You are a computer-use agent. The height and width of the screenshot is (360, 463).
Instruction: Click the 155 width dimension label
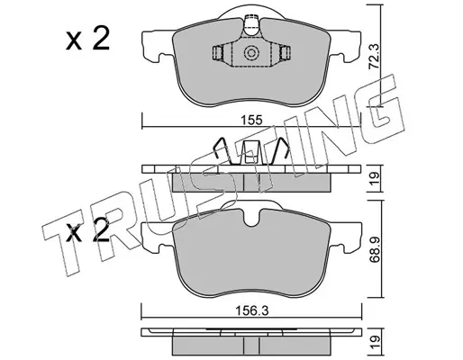(251, 121)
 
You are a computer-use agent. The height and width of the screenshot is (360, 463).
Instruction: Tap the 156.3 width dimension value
(251, 311)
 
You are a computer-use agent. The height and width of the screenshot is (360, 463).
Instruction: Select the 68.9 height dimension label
(375, 248)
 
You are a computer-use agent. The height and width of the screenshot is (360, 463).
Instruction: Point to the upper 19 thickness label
(376, 179)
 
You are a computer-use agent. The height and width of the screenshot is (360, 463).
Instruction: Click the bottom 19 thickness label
(376, 342)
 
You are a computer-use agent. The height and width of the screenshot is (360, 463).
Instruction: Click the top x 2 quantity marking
(87, 39)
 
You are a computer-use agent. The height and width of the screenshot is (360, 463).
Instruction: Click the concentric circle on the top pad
(251, 53)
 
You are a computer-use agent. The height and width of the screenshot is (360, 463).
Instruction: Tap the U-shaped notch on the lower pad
(251, 218)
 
